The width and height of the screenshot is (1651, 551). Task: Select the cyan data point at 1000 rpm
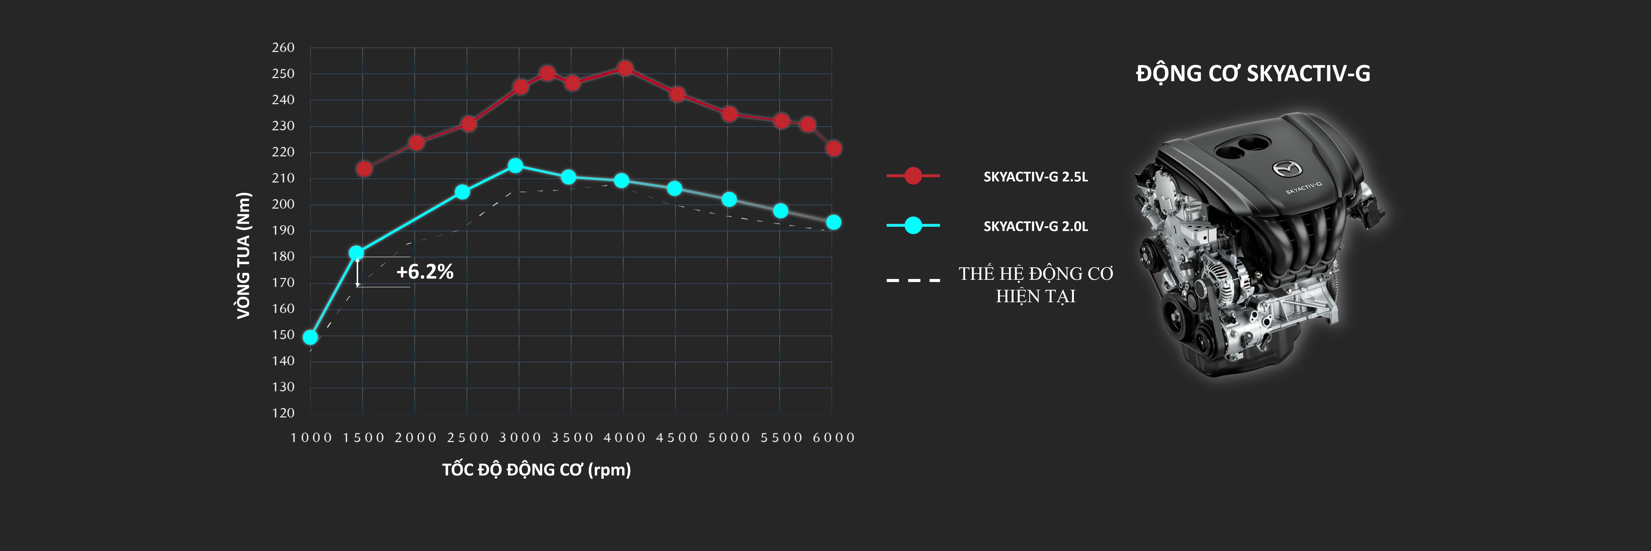[310, 337]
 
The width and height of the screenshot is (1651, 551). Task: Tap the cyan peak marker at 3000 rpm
[515, 166]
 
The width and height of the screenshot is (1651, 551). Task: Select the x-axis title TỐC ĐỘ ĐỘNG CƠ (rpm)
[536, 470]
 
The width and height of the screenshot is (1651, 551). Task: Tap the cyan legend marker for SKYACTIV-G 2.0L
[913, 225]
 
